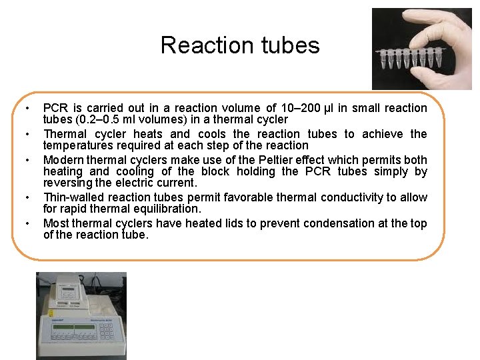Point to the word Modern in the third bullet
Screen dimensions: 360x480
tap(62, 160)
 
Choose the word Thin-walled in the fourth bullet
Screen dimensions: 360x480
tap(71, 197)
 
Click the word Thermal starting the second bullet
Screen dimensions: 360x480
tap(64, 134)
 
